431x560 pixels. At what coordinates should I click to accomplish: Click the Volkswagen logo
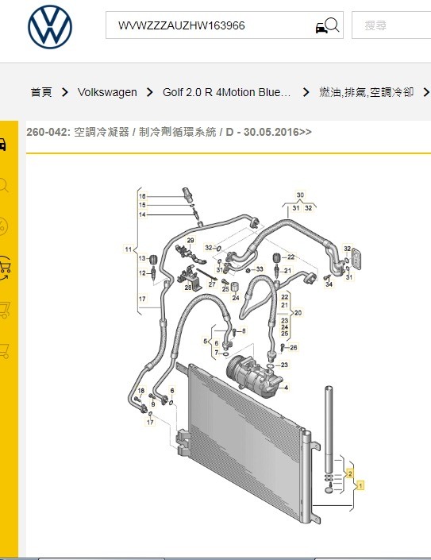(50, 27)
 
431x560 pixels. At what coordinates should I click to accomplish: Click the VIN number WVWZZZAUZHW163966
(182, 25)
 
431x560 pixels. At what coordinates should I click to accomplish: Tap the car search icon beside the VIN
(327, 25)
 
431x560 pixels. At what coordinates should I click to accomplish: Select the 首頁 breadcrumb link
(41, 92)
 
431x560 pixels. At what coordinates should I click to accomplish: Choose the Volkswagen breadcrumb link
(107, 92)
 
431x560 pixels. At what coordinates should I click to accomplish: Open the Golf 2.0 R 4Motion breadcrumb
(226, 92)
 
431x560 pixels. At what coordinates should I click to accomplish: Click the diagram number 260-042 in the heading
(46, 132)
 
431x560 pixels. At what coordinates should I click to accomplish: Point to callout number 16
(142, 196)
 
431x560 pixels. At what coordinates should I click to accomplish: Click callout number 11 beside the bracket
(129, 249)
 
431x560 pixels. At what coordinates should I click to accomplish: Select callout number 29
(190, 241)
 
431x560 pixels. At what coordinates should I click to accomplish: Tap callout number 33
(260, 269)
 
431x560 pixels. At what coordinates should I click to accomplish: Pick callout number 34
(329, 284)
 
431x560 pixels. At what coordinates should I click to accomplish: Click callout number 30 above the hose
(300, 195)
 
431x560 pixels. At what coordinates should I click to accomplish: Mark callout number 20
(298, 313)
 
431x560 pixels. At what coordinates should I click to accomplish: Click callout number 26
(293, 347)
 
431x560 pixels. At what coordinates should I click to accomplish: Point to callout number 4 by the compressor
(287, 387)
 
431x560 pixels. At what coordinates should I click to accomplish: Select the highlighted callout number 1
(360, 485)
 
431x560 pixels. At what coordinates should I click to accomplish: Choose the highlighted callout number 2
(350, 473)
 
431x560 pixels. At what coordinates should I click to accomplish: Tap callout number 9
(153, 404)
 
